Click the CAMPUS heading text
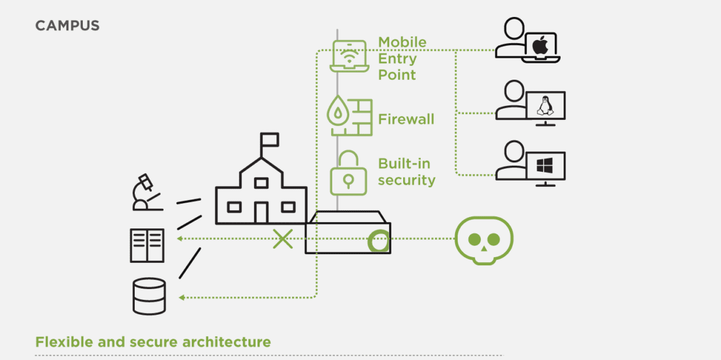coord(67,26)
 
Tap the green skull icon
coord(484,240)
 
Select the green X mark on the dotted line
coord(283,239)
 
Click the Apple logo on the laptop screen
coord(540,45)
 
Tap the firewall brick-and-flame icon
coord(350,115)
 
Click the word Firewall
coord(406,119)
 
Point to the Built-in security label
coord(406,172)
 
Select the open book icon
coord(147,245)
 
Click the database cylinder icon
coord(149,296)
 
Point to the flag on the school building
coord(270,139)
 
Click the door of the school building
coord(261,212)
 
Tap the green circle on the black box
coord(379,240)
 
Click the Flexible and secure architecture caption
coord(153,342)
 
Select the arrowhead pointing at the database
coord(181,297)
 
